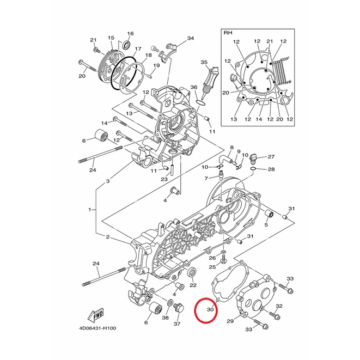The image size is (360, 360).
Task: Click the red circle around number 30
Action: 195,310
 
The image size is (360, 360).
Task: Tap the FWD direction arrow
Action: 96,315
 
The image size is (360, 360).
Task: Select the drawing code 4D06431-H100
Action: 97,328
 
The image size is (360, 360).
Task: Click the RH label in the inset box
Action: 228,33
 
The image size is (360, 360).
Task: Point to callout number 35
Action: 204,62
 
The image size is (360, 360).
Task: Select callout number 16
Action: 130,34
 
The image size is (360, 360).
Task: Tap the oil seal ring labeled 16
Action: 126,45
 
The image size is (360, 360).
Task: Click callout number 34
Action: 190,38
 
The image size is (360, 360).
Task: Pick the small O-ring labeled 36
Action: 200,103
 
